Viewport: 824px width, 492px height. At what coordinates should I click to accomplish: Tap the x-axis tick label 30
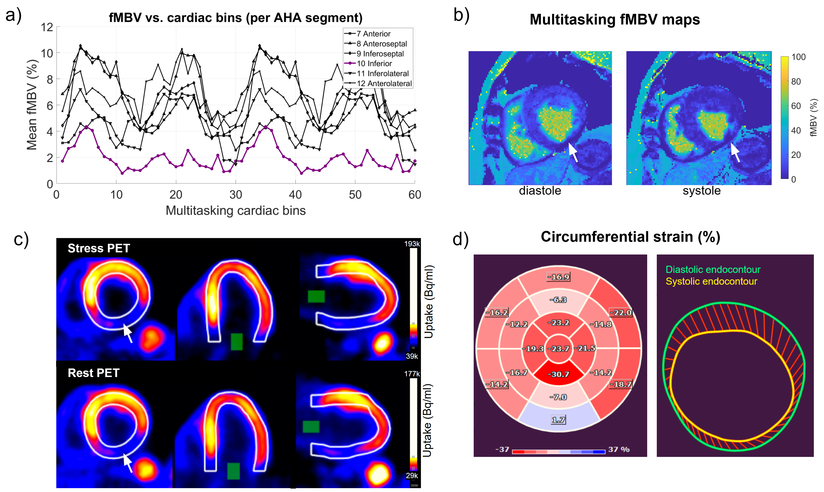(236, 195)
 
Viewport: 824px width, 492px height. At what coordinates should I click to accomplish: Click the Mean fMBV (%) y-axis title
(32, 105)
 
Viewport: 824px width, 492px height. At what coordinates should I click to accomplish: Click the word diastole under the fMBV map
(540, 191)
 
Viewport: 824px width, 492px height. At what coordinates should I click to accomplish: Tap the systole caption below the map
(702, 191)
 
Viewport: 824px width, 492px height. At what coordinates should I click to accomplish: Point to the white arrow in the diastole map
(573, 152)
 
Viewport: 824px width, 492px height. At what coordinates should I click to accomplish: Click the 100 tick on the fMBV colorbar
(798, 57)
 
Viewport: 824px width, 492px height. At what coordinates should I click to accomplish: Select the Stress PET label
(99, 248)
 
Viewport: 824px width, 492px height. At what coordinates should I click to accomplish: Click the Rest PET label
(94, 373)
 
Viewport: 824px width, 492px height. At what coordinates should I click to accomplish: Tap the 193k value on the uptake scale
(412, 244)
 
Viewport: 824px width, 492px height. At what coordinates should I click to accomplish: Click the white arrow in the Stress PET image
(128, 333)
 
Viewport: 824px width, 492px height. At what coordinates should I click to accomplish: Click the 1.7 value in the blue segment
(558, 420)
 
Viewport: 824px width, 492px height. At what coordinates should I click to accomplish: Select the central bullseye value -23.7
(558, 348)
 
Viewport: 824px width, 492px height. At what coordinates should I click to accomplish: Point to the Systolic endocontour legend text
(711, 281)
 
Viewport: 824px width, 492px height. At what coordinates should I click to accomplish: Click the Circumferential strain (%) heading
(631, 237)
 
